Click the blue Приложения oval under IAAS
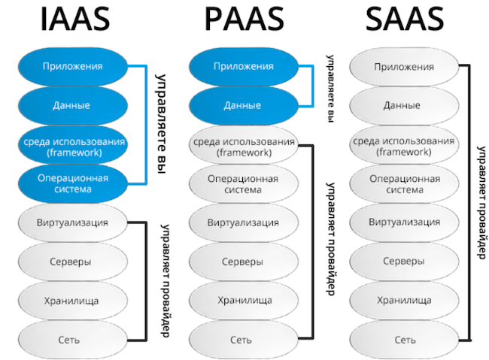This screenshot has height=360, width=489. [72, 66]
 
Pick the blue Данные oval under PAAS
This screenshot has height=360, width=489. [242, 105]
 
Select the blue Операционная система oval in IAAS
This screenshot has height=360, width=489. [72, 183]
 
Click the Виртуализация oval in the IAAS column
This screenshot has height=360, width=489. [72, 222]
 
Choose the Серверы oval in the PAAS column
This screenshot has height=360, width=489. [242, 262]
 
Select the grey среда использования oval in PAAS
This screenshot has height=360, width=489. [242, 145]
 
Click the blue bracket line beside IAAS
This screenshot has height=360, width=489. [144, 125]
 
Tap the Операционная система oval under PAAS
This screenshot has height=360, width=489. [242, 183]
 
